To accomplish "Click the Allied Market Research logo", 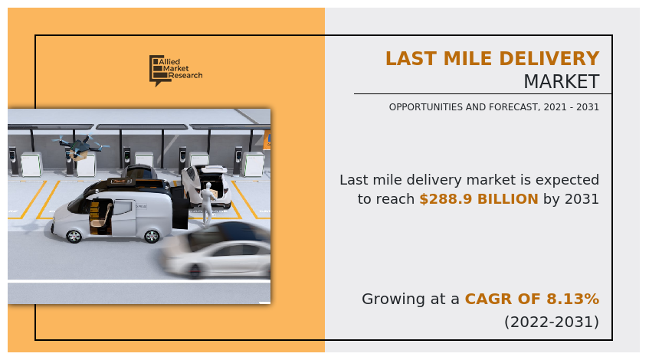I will tap(175, 70).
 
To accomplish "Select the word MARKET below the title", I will tap(561, 82).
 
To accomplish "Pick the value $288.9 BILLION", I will tap(478, 199).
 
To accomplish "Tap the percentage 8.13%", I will tap(570, 299).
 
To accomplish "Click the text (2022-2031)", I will tap(551, 322).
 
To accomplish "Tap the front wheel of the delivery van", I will tap(74, 236).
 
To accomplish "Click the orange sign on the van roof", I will tap(118, 182).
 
